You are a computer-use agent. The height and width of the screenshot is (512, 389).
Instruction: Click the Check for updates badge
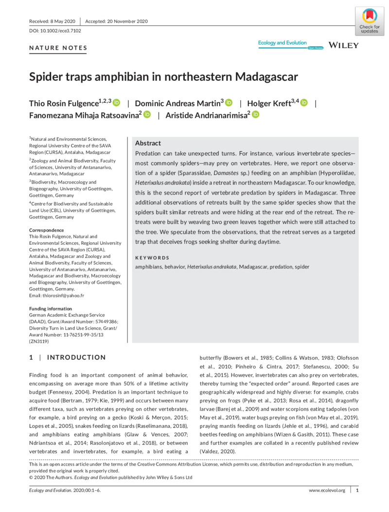369,21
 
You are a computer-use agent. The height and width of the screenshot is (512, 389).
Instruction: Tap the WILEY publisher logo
344,45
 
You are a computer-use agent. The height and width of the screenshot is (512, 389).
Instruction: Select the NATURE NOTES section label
58,48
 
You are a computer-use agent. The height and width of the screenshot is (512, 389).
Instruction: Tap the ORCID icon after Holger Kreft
304,103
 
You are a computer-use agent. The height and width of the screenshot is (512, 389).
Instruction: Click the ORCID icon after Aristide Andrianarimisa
256,114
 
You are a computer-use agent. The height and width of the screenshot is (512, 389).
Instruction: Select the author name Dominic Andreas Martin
179,103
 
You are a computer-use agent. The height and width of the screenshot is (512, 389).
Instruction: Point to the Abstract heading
148,143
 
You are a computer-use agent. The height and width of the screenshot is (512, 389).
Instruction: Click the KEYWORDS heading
152,258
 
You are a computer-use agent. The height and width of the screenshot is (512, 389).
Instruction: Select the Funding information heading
51,309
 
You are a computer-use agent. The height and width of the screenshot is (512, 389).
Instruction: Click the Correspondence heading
47,230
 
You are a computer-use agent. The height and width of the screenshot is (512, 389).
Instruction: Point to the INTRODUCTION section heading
76,358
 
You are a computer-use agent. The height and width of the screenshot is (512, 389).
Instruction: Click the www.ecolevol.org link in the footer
327,491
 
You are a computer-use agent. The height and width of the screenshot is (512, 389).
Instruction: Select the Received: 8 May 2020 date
52,21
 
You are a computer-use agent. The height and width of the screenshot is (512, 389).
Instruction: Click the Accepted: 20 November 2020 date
117,21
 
